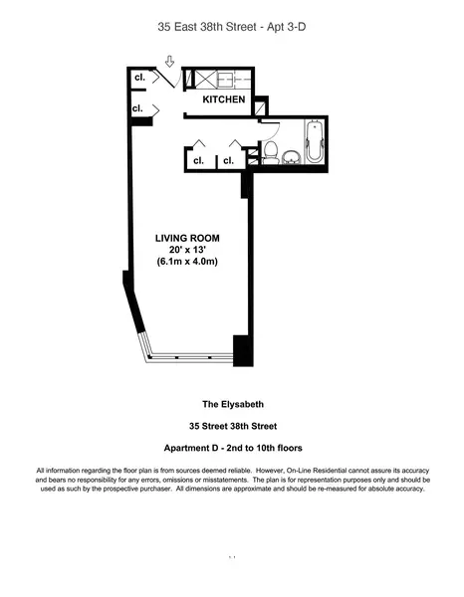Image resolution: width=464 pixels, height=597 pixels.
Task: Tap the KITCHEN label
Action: pos(224,100)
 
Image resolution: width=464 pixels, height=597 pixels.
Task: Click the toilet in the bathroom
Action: pos(270,153)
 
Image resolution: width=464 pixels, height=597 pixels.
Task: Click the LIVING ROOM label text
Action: pos(187,238)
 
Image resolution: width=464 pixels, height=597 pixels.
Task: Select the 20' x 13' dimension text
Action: pos(187,250)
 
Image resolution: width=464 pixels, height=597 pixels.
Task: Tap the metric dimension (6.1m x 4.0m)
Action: pos(187,262)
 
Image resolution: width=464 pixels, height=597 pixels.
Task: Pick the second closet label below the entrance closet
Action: pos(138,107)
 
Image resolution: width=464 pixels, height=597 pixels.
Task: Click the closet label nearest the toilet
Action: pos(228,159)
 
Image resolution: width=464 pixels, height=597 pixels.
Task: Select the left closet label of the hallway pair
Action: pos(197,159)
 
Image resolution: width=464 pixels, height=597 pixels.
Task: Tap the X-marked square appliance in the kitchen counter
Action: pos(204,81)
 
